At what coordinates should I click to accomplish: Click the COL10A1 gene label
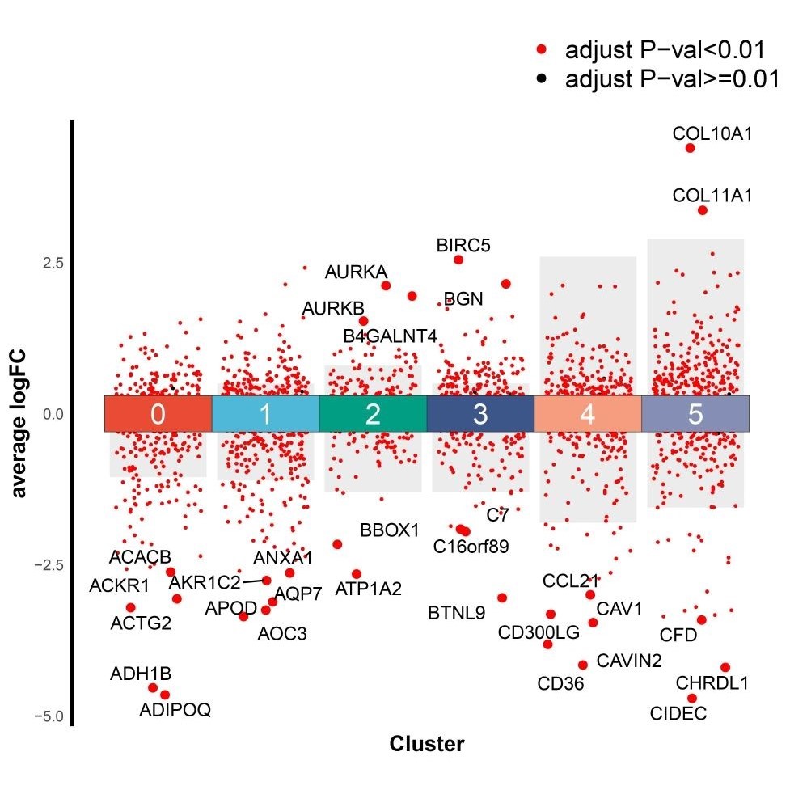click(712, 134)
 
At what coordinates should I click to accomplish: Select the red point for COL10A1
click(690, 148)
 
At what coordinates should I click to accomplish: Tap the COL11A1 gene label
click(712, 196)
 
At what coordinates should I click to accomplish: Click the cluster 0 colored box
click(158, 414)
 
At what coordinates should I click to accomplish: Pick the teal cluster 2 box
click(373, 414)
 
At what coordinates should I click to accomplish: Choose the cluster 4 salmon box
click(588, 414)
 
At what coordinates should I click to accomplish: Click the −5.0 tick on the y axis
click(48, 716)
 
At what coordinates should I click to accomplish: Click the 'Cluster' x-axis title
click(426, 744)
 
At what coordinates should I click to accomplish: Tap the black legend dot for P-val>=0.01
click(541, 79)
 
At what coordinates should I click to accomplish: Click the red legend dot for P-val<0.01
click(541, 50)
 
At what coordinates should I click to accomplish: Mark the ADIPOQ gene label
click(175, 710)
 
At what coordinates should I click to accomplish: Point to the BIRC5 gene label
click(463, 244)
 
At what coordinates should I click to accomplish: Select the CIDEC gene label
click(678, 713)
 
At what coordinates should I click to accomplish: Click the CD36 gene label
click(560, 684)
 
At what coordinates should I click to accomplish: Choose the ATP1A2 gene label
click(368, 589)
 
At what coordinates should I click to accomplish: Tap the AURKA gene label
click(357, 272)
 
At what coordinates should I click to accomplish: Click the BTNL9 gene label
click(457, 613)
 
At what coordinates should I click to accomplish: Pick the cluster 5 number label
click(695, 414)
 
